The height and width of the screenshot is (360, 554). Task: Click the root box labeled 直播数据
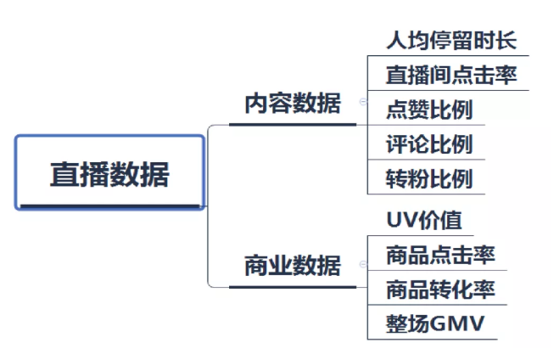tap(110, 173)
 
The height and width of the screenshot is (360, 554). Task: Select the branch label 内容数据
tap(292, 104)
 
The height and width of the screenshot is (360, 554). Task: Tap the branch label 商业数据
tap(292, 266)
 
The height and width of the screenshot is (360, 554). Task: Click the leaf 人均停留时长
tap(450, 40)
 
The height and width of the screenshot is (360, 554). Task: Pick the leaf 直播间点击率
tap(450, 75)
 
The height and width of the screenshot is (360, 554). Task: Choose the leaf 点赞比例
tap(428, 110)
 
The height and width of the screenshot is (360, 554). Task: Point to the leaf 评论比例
tap(428, 144)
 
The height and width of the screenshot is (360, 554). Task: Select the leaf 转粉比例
tap(428, 179)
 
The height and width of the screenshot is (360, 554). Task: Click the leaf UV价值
tap(423, 220)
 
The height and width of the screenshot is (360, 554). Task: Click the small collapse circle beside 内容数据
tap(363, 101)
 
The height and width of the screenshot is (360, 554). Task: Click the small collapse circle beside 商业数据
tap(363, 264)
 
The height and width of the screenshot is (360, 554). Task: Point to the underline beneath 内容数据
tap(292, 125)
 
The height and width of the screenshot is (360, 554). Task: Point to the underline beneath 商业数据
tap(292, 286)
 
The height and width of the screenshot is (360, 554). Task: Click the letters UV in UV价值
tap(400, 220)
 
